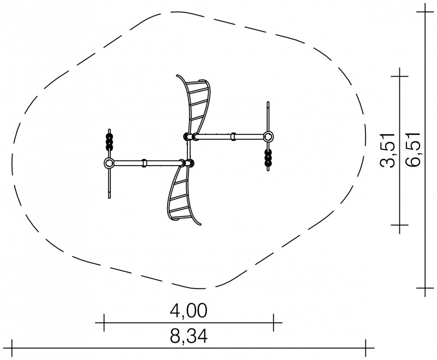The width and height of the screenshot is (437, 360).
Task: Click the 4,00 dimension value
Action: [188, 310]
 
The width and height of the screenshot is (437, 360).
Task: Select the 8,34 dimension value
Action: [188, 337]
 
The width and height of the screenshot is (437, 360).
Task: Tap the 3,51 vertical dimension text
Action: [388, 150]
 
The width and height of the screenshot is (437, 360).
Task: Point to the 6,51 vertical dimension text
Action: [413, 150]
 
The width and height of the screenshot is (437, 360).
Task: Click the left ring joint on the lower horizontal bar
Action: [109, 163]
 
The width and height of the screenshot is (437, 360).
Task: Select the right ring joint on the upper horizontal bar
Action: [268, 137]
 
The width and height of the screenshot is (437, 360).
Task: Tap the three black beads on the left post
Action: [110, 142]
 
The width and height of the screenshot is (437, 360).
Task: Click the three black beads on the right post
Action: [268, 158]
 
